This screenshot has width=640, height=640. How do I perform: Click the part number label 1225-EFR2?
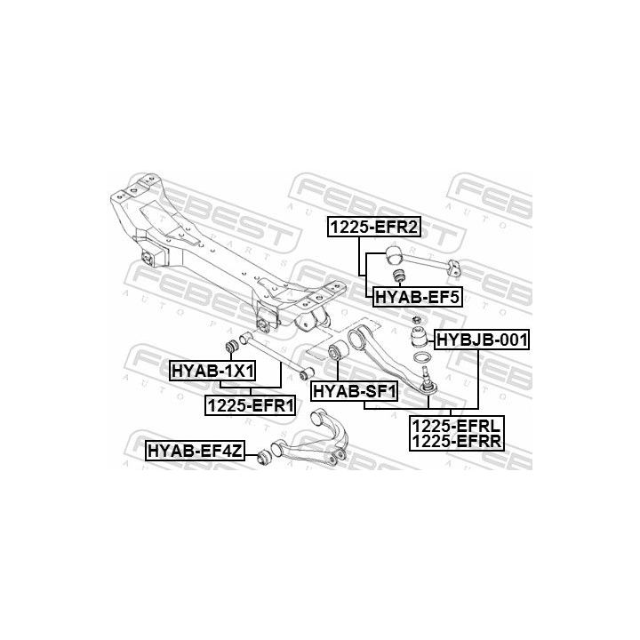tap(374, 227)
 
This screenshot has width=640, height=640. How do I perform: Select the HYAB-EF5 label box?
tap(417, 297)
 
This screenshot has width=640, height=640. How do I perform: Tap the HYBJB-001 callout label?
tap(482, 340)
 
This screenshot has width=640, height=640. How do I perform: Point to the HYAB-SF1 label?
tap(355, 391)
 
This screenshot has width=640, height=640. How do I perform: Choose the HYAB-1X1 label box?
tap(212, 371)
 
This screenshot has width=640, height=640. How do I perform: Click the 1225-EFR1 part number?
tap(250, 405)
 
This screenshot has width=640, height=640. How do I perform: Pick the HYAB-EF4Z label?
tap(195, 451)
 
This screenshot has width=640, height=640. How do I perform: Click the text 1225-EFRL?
tap(456, 427)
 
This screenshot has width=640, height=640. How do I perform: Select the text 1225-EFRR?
tap(456, 441)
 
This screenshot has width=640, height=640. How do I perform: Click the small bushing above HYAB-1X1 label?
tap(232, 346)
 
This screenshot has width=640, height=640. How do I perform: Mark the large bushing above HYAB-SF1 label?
tap(338, 350)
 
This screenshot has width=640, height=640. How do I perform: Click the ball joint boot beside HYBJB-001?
tap(419, 335)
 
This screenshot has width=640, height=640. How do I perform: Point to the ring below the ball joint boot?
tap(421, 357)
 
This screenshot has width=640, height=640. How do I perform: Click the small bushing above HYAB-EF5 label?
tap(398, 276)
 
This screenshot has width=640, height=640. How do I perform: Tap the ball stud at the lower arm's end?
tap(426, 379)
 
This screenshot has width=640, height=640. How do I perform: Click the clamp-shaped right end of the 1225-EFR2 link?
tap(454, 268)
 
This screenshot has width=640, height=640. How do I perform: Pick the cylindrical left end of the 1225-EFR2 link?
tap(394, 255)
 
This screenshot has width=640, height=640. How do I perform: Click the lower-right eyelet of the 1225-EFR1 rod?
tap(307, 372)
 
